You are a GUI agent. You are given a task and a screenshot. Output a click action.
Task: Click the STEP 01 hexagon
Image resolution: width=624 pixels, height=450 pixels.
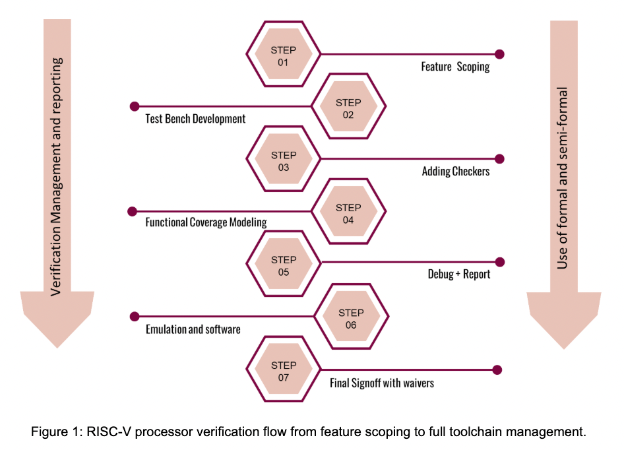pyautogui.click(x=283, y=56)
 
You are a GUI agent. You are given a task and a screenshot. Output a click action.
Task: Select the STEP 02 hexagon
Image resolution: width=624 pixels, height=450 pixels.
pyautogui.click(x=348, y=108)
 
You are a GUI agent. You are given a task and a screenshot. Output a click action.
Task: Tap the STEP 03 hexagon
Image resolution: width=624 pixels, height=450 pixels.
pyautogui.click(x=284, y=161)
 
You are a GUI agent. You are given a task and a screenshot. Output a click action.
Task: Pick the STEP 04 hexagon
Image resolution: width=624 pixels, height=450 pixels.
pyautogui.click(x=348, y=213)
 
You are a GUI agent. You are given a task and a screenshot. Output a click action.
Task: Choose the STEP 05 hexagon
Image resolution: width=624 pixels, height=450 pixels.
pyautogui.click(x=284, y=266)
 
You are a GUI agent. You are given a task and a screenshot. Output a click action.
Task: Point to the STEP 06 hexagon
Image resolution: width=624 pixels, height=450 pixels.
pyautogui.click(x=350, y=319)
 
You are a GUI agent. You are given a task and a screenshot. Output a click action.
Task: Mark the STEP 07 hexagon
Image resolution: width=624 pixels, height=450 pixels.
pyautogui.click(x=284, y=371)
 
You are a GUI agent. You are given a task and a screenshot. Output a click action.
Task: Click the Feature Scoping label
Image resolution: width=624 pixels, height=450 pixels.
pyautogui.click(x=455, y=67)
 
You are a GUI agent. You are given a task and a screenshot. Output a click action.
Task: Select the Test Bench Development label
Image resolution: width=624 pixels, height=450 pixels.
pyautogui.click(x=195, y=119)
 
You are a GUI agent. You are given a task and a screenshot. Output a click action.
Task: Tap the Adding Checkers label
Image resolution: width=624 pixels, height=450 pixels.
pyautogui.click(x=456, y=172)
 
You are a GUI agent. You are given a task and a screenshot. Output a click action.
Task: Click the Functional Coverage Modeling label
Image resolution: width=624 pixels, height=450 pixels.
pyautogui.click(x=206, y=222)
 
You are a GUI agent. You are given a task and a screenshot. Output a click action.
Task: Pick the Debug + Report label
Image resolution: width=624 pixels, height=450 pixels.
pyautogui.click(x=458, y=274)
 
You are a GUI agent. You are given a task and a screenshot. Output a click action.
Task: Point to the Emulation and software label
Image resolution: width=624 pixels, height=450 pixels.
pyautogui.click(x=193, y=329)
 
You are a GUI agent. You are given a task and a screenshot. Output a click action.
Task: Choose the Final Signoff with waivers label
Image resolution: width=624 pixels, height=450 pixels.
pyautogui.click(x=382, y=382)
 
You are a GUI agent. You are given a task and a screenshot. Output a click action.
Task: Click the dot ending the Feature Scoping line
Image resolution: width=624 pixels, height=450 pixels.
pyautogui.click(x=499, y=54)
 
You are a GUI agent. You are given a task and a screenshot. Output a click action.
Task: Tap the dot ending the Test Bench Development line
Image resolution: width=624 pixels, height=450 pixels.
pyautogui.click(x=135, y=106)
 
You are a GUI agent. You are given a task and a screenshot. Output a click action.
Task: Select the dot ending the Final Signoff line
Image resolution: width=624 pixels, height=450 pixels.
pyautogui.click(x=497, y=370)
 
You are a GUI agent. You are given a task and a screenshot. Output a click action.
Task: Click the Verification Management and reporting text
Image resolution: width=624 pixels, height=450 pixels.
pyautogui.click(x=57, y=175)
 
